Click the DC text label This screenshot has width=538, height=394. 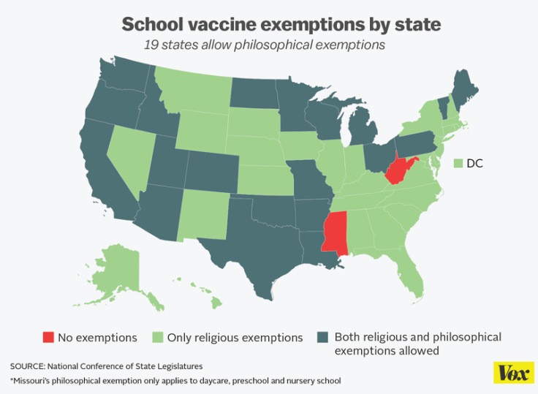(474, 163)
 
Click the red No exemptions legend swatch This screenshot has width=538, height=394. (48, 338)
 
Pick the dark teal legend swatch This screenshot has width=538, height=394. (322, 338)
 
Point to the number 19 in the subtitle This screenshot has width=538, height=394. (151, 45)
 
